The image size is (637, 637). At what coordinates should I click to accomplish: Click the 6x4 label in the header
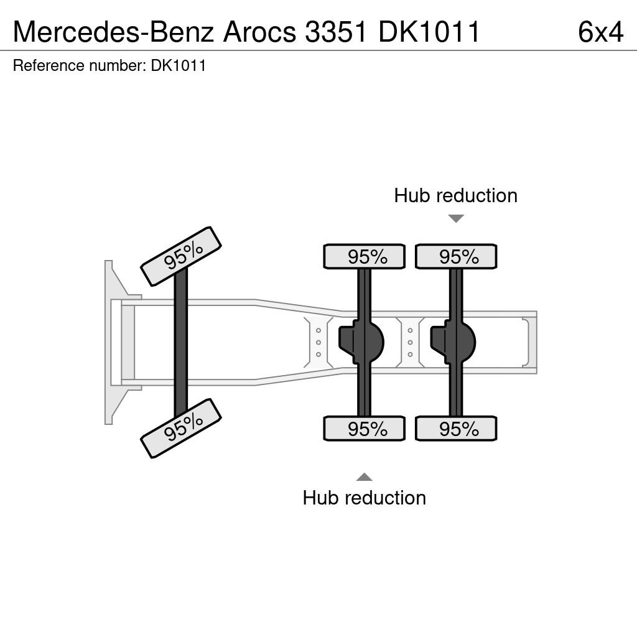(600, 32)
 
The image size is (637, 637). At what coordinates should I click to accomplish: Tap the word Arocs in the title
(259, 32)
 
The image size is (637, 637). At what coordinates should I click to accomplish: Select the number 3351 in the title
(337, 32)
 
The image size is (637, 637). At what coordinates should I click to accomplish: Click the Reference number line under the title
(109, 65)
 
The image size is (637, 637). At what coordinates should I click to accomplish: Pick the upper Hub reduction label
(456, 195)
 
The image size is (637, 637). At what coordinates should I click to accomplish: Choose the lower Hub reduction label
(365, 498)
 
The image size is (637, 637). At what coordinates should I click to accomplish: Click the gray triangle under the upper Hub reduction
(456, 218)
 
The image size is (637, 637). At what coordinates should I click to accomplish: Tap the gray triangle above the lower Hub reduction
(365, 477)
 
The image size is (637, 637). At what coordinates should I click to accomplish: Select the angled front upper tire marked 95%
(181, 256)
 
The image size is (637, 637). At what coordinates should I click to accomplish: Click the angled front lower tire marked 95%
(181, 429)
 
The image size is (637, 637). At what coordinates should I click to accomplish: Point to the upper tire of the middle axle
(365, 256)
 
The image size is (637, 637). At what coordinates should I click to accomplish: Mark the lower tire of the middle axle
(365, 429)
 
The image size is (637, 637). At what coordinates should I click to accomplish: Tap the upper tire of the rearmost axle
(456, 256)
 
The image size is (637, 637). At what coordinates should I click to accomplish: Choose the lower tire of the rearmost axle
(456, 429)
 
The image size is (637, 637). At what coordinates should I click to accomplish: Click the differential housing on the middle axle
(361, 342)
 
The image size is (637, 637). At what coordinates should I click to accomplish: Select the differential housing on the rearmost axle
(453, 342)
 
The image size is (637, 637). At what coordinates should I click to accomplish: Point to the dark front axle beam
(181, 343)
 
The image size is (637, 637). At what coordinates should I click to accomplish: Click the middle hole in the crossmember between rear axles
(411, 343)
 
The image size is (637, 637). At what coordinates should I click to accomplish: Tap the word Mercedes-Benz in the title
(113, 32)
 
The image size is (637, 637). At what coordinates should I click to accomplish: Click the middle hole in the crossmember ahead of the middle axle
(318, 343)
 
